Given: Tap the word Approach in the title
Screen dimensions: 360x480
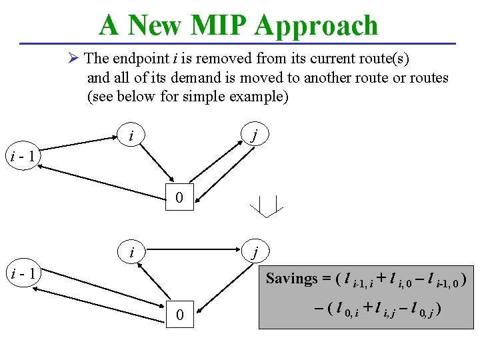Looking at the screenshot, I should tap(317, 25).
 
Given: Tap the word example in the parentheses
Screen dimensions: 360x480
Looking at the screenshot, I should tap(257, 96).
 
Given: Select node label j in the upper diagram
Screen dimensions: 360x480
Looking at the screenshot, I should tap(254, 137).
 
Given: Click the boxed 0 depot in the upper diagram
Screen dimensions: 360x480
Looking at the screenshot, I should tap(179, 197).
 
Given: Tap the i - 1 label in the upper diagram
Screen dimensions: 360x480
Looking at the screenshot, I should tap(24, 157).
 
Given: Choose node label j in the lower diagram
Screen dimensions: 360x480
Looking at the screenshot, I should tap(254, 253).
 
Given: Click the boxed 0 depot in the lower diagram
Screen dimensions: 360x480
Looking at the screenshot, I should tap(179, 314).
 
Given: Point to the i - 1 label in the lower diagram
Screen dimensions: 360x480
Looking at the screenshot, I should tap(24, 273).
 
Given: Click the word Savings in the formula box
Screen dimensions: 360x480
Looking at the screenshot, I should tap(291, 278).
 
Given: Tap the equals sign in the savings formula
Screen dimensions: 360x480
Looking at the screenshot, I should tap(325, 278).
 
